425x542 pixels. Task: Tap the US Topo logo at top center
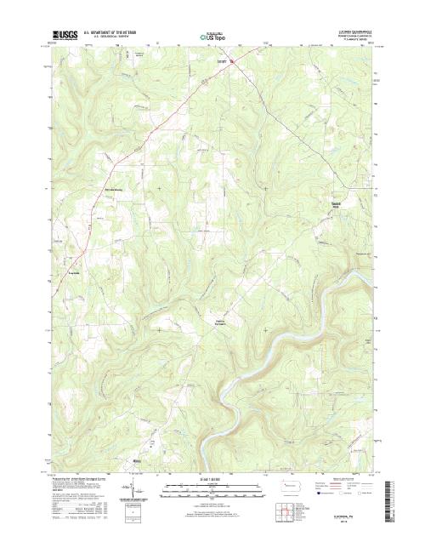pos(212,37)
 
